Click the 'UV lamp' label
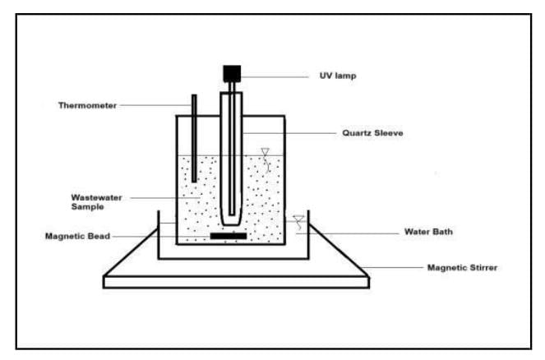pos(337,76)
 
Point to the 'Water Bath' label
pos(428,232)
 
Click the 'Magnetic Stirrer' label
pos(462,267)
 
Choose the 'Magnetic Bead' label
pos(77,237)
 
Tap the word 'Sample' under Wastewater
pos(87,207)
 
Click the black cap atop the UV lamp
pos(231,72)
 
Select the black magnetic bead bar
pos(229,237)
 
